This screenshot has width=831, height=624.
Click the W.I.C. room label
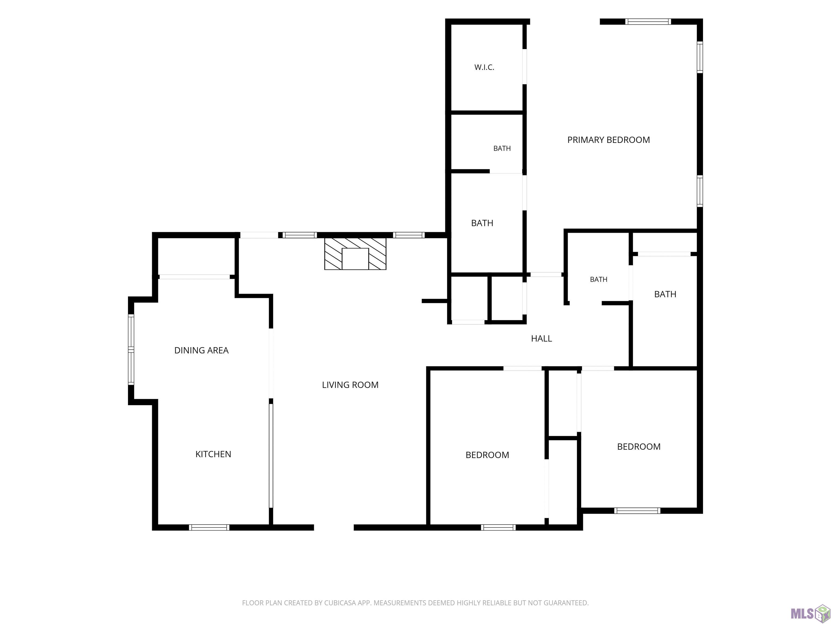click(x=484, y=67)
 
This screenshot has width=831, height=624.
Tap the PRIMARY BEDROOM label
click(x=609, y=140)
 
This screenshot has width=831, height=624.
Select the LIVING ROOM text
click(x=350, y=385)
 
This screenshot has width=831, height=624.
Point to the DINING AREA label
click(x=201, y=350)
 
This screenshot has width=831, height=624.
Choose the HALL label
click(x=541, y=339)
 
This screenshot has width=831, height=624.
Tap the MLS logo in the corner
click(x=810, y=613)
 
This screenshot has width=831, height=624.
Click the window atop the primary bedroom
click(x=648, y=21)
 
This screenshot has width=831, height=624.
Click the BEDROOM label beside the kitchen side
click(x=487, y=455)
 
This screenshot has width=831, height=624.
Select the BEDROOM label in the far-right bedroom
click(x=639, y=446)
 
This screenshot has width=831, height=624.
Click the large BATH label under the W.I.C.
click(x=482, y=223)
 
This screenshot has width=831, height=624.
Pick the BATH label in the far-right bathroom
click(x=665, y=294)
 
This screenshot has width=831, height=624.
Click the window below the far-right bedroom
click(x=637, y=511)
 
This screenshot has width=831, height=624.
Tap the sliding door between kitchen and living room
click(x=271, y=456)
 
